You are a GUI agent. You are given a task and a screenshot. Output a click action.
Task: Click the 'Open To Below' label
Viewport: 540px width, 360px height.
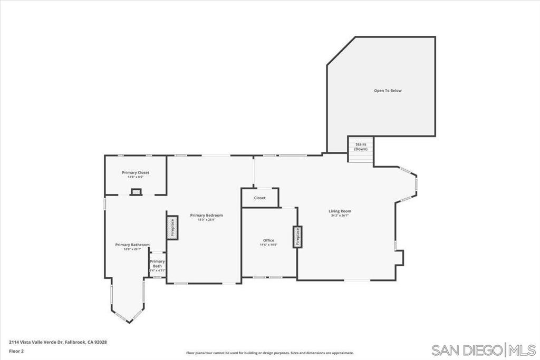point(388,91)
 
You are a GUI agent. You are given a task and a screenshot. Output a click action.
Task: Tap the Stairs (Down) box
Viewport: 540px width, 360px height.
point(361,147)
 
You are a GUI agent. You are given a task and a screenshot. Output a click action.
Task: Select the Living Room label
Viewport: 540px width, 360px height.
point(340,211)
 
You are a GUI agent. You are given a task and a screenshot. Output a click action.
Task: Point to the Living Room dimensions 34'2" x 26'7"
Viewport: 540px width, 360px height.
point(340,216)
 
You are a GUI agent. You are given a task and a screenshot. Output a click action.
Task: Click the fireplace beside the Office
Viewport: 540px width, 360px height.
point(297,237)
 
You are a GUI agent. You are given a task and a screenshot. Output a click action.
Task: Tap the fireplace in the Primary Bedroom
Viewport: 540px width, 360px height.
point(172,228)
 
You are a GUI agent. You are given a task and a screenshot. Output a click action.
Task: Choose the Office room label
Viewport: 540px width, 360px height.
point(268,240)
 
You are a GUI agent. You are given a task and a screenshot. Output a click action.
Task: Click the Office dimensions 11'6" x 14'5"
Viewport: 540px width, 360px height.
point(268,245)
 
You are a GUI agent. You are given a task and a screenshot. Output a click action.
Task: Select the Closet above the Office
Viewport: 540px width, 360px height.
point(259,198)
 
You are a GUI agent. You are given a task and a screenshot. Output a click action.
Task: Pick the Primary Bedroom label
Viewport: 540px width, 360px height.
point(206,215)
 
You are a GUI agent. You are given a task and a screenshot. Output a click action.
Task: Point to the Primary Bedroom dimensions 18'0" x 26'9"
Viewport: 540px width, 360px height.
point(206,219)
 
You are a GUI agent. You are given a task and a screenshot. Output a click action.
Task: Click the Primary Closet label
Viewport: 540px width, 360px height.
point(136,172)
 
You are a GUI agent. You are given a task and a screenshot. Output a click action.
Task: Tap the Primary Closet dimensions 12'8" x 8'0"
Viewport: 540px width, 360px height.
point(136,177)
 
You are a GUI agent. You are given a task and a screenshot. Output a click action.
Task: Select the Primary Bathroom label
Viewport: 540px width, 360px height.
point(132,245)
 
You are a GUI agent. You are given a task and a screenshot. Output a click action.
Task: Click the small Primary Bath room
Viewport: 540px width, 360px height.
point(157,265)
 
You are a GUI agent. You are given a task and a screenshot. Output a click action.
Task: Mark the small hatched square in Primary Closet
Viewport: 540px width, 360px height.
point(136,192)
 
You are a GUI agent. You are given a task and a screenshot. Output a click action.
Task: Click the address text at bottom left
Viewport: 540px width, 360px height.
point(58,342)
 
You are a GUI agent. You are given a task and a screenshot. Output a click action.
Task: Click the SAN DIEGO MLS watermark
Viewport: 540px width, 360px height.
point(483,350)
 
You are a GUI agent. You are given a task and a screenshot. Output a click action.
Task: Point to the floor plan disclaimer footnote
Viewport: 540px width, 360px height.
point(269,353)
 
